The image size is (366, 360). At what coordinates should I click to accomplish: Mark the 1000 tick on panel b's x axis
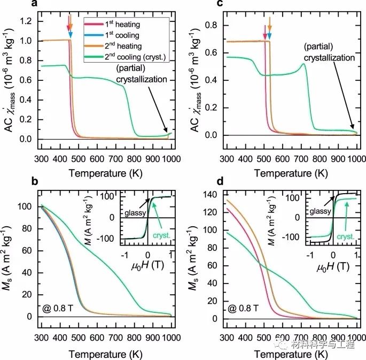click(x=170, y=328)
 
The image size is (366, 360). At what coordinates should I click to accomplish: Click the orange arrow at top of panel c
click(x=270, y=26)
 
